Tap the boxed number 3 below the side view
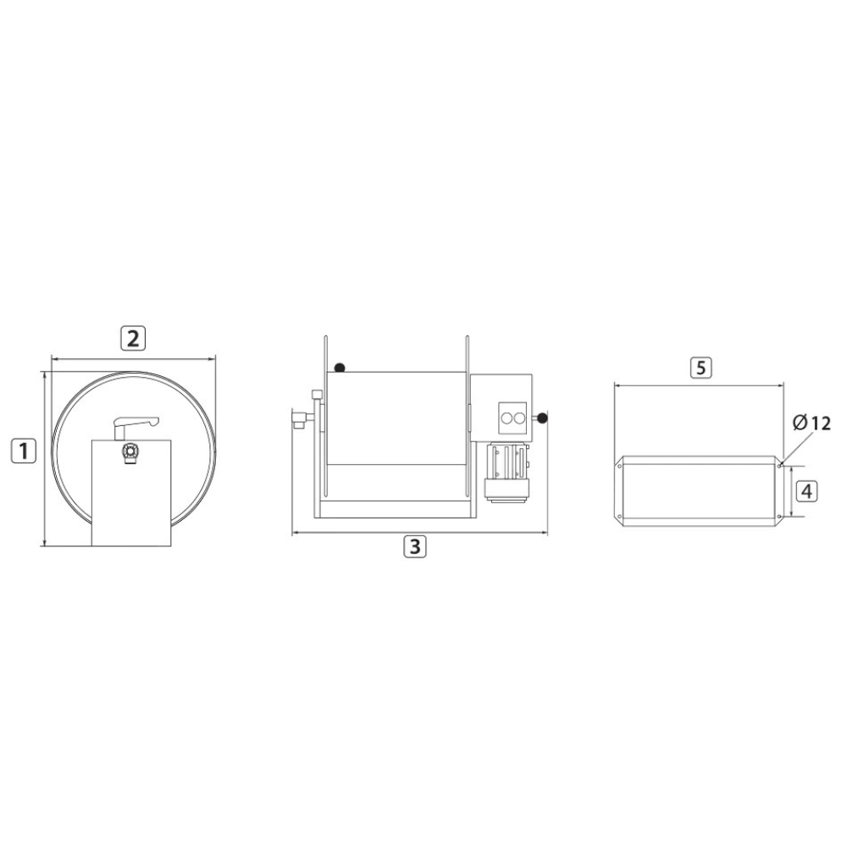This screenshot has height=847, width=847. (413, 546)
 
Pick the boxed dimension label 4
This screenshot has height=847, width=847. (807, 490)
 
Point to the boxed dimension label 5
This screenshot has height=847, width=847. (700, 368)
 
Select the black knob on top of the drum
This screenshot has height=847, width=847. (339, 368)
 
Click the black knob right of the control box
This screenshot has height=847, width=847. (542, 418)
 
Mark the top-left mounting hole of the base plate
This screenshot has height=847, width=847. (621, 465)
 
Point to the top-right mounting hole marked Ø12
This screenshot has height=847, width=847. (778, 465)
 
